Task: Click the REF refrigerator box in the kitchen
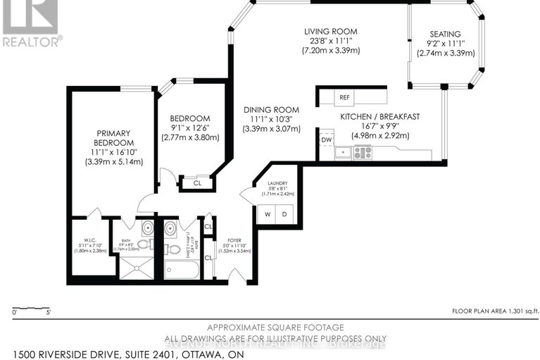point(344,97)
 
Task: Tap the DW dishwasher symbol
point(326,139)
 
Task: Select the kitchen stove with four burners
point(363,151)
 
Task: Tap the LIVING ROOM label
point(330,32)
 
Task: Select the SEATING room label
point(446,34)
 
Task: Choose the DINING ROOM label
point(271,110)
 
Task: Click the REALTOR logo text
point(32,41)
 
